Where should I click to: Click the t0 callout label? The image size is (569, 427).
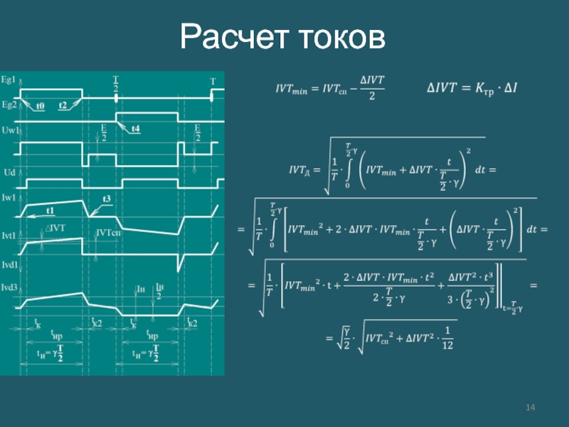tap(40, 105)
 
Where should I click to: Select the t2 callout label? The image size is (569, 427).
tap(63, 105)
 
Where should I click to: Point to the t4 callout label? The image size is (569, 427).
tap(134, 129)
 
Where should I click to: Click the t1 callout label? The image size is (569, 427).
tap(50, 211)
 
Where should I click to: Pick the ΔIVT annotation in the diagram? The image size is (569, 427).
tap(57, 228)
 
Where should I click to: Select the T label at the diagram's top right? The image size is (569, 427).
tap(212, 82)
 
